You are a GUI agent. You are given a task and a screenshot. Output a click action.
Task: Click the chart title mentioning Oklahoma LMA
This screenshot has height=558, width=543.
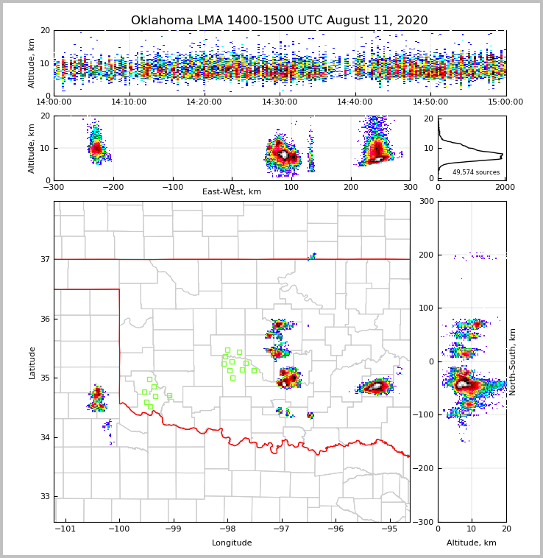279,21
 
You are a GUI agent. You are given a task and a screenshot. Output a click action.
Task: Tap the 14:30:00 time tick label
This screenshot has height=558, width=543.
280,102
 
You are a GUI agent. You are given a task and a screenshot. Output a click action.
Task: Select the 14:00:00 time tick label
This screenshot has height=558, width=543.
54,102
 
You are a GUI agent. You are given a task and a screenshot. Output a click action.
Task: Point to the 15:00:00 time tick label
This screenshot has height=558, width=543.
505,102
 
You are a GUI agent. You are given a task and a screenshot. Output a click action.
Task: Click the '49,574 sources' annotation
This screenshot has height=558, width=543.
475,172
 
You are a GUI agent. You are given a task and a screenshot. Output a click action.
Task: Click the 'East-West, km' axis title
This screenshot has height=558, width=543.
232,192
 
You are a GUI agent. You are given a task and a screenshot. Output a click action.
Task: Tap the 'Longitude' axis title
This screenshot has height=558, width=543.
232,543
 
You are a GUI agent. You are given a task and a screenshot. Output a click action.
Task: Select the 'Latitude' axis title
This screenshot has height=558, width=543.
32,362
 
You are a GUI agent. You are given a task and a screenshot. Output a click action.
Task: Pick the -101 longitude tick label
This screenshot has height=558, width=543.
65,529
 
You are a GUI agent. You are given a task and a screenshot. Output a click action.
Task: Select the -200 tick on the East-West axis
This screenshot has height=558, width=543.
113,187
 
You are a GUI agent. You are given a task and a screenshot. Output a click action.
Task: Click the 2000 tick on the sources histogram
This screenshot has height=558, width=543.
505,187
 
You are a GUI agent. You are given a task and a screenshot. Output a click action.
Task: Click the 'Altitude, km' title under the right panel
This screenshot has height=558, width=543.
472,543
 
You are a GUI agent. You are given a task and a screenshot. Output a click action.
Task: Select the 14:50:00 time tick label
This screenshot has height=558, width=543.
430,102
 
